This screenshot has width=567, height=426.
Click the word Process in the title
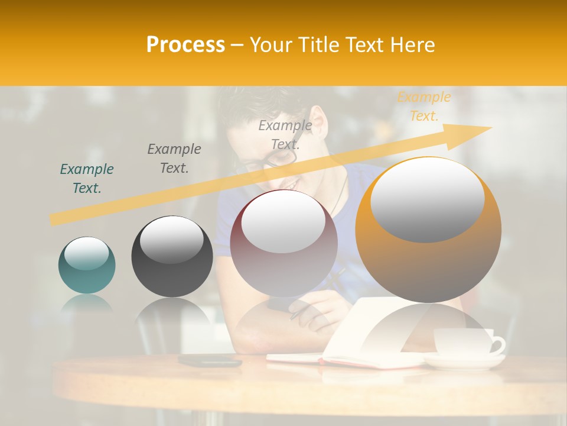pos(185,44)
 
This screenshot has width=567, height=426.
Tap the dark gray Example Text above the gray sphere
pos(174,159)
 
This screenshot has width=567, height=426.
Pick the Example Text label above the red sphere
pos(285,134)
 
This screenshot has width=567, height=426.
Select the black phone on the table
pos(210,360)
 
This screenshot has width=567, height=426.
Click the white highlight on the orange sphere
pos(427,198)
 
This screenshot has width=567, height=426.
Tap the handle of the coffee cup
pos(498,345)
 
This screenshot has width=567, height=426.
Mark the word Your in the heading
pos(272,44)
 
